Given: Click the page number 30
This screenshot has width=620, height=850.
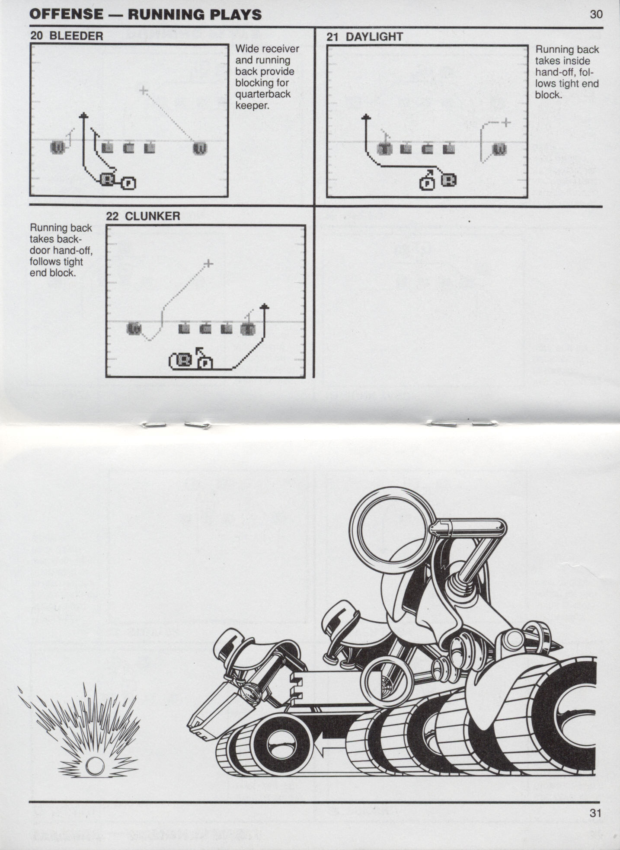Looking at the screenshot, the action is tap(596, 14).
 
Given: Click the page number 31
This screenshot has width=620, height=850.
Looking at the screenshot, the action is tap(595, 812).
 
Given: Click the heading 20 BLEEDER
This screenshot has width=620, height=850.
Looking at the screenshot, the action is tap(67, 36).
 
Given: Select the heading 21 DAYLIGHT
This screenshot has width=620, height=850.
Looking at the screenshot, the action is tap(364, 37).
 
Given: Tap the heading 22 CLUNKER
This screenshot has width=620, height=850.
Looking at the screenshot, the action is tap(143, 216).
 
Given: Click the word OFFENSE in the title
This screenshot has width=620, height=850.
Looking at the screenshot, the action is tap(67, 14).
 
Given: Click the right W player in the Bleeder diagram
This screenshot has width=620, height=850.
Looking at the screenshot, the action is tap(200, 148).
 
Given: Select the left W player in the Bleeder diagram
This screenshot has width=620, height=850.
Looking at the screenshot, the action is tap(58, 147).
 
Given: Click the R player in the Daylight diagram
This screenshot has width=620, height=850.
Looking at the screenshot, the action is tap(449, 180).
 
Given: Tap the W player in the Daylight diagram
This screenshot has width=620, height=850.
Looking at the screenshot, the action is tap(500, 150).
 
